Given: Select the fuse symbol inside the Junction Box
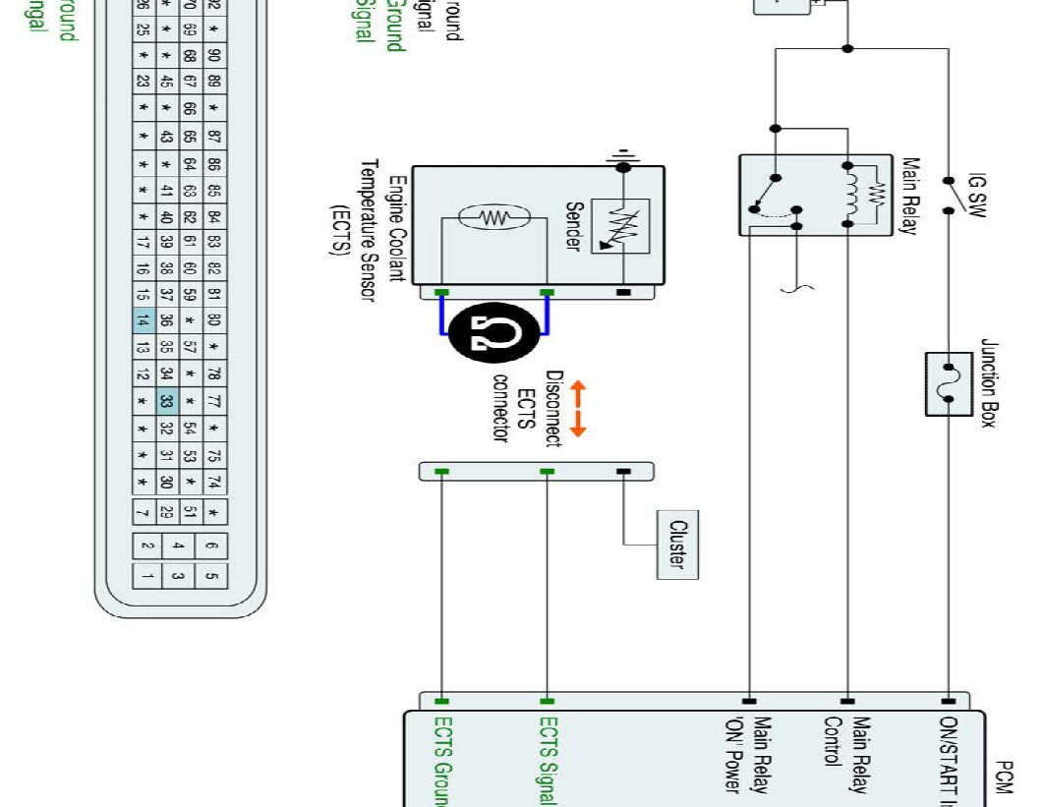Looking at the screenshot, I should (x=949, y=382).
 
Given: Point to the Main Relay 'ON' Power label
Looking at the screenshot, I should (x=748, y=755).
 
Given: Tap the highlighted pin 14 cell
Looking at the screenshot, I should (x=144, y=320).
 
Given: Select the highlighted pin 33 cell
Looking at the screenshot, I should (x=166, y=401).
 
